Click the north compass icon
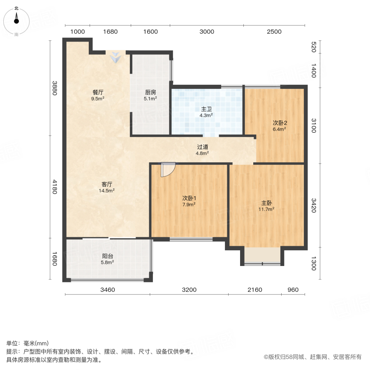(x=16, y=19)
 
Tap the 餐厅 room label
(x=97, y=92)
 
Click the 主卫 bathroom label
(x=206, y=109)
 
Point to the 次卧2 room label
(x=280, y=123)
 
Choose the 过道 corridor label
(x=202, y=147)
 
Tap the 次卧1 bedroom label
(x=189, y=198)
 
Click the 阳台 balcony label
(x=107, y=255)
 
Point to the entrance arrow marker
(x=117, y=57)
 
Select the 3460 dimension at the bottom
(x=108, y=290)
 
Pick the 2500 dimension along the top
(x=274, y=32)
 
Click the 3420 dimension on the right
(x=314, y=206)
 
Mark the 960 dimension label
(x=293, y=290)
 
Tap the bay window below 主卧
(x=262, y=256)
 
